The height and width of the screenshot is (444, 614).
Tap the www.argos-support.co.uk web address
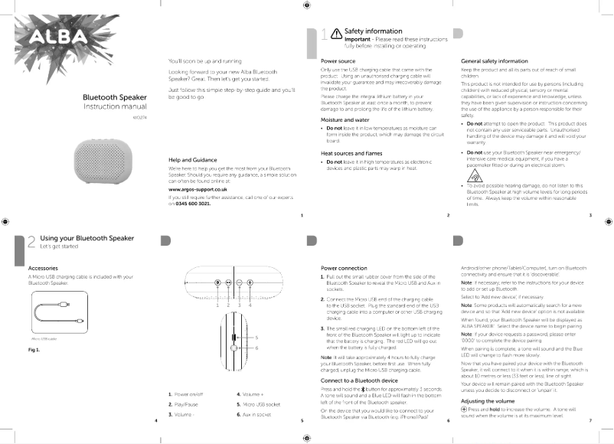197,188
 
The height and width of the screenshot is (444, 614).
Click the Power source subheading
338,60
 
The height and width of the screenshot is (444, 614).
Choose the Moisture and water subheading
346,120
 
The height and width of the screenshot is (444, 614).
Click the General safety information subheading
495,60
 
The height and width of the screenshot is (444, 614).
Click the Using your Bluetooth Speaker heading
87,239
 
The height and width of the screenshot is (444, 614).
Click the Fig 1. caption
34,350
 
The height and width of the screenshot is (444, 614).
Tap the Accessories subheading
43,268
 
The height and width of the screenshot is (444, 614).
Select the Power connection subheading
345,268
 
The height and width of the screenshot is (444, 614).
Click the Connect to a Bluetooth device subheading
359,380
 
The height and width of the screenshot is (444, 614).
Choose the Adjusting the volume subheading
493,401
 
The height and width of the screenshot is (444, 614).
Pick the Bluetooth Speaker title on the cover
115,97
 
